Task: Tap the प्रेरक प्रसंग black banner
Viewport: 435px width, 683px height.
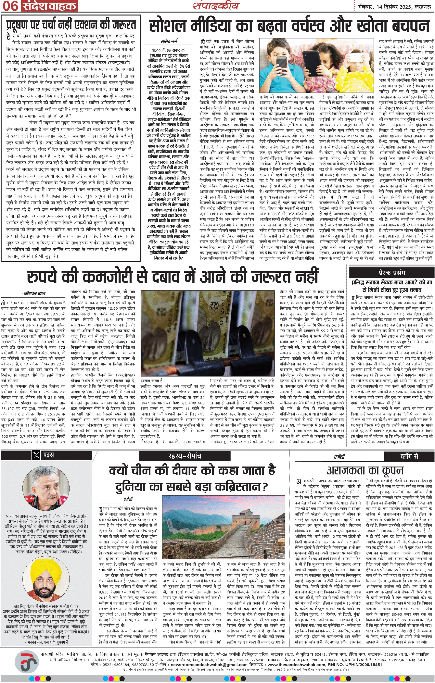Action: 392,273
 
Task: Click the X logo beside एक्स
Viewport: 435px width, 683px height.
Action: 36,455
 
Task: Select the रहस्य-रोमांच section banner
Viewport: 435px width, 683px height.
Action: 185,456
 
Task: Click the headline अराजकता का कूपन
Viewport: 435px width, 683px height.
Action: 365,471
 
